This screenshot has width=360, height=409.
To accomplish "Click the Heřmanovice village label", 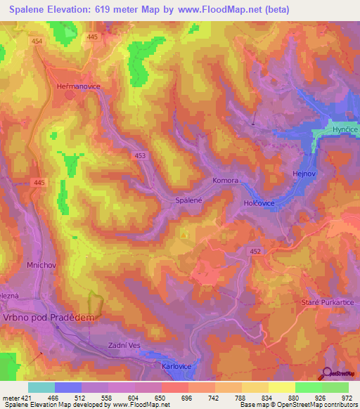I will (x=78, y=86).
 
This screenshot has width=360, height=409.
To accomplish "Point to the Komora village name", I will (x=226, y=181).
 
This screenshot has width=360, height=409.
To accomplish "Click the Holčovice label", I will (x=259, y=203).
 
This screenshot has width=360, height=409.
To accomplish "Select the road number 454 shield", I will (x=37, y=42).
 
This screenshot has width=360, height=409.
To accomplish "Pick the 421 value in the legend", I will (x=22, y=398).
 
